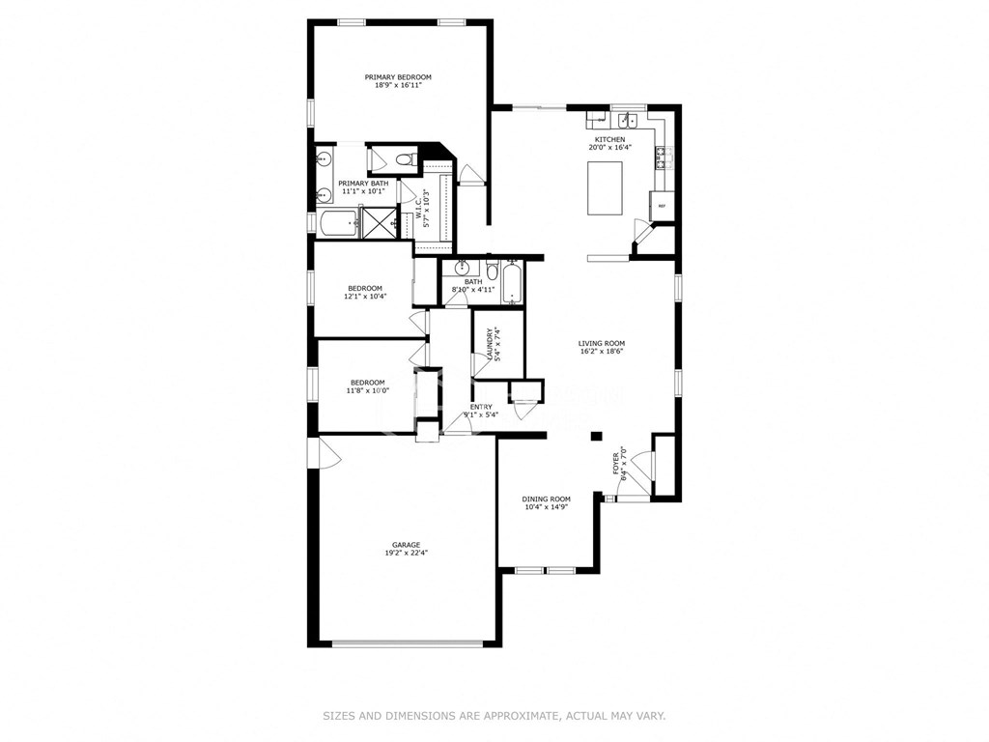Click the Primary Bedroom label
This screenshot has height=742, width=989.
(398, 77)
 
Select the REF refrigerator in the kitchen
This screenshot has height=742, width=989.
(663, 206)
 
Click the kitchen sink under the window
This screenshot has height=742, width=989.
(629, 121)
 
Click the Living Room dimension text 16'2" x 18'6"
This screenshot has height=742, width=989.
(602, 353)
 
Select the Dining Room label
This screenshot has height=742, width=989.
(547, 499)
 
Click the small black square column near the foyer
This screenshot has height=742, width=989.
(596, 437)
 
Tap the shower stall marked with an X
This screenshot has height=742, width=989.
(380, 222)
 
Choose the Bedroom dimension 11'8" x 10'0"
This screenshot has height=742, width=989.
(367, 391)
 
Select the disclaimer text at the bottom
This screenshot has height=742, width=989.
(494, 716)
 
